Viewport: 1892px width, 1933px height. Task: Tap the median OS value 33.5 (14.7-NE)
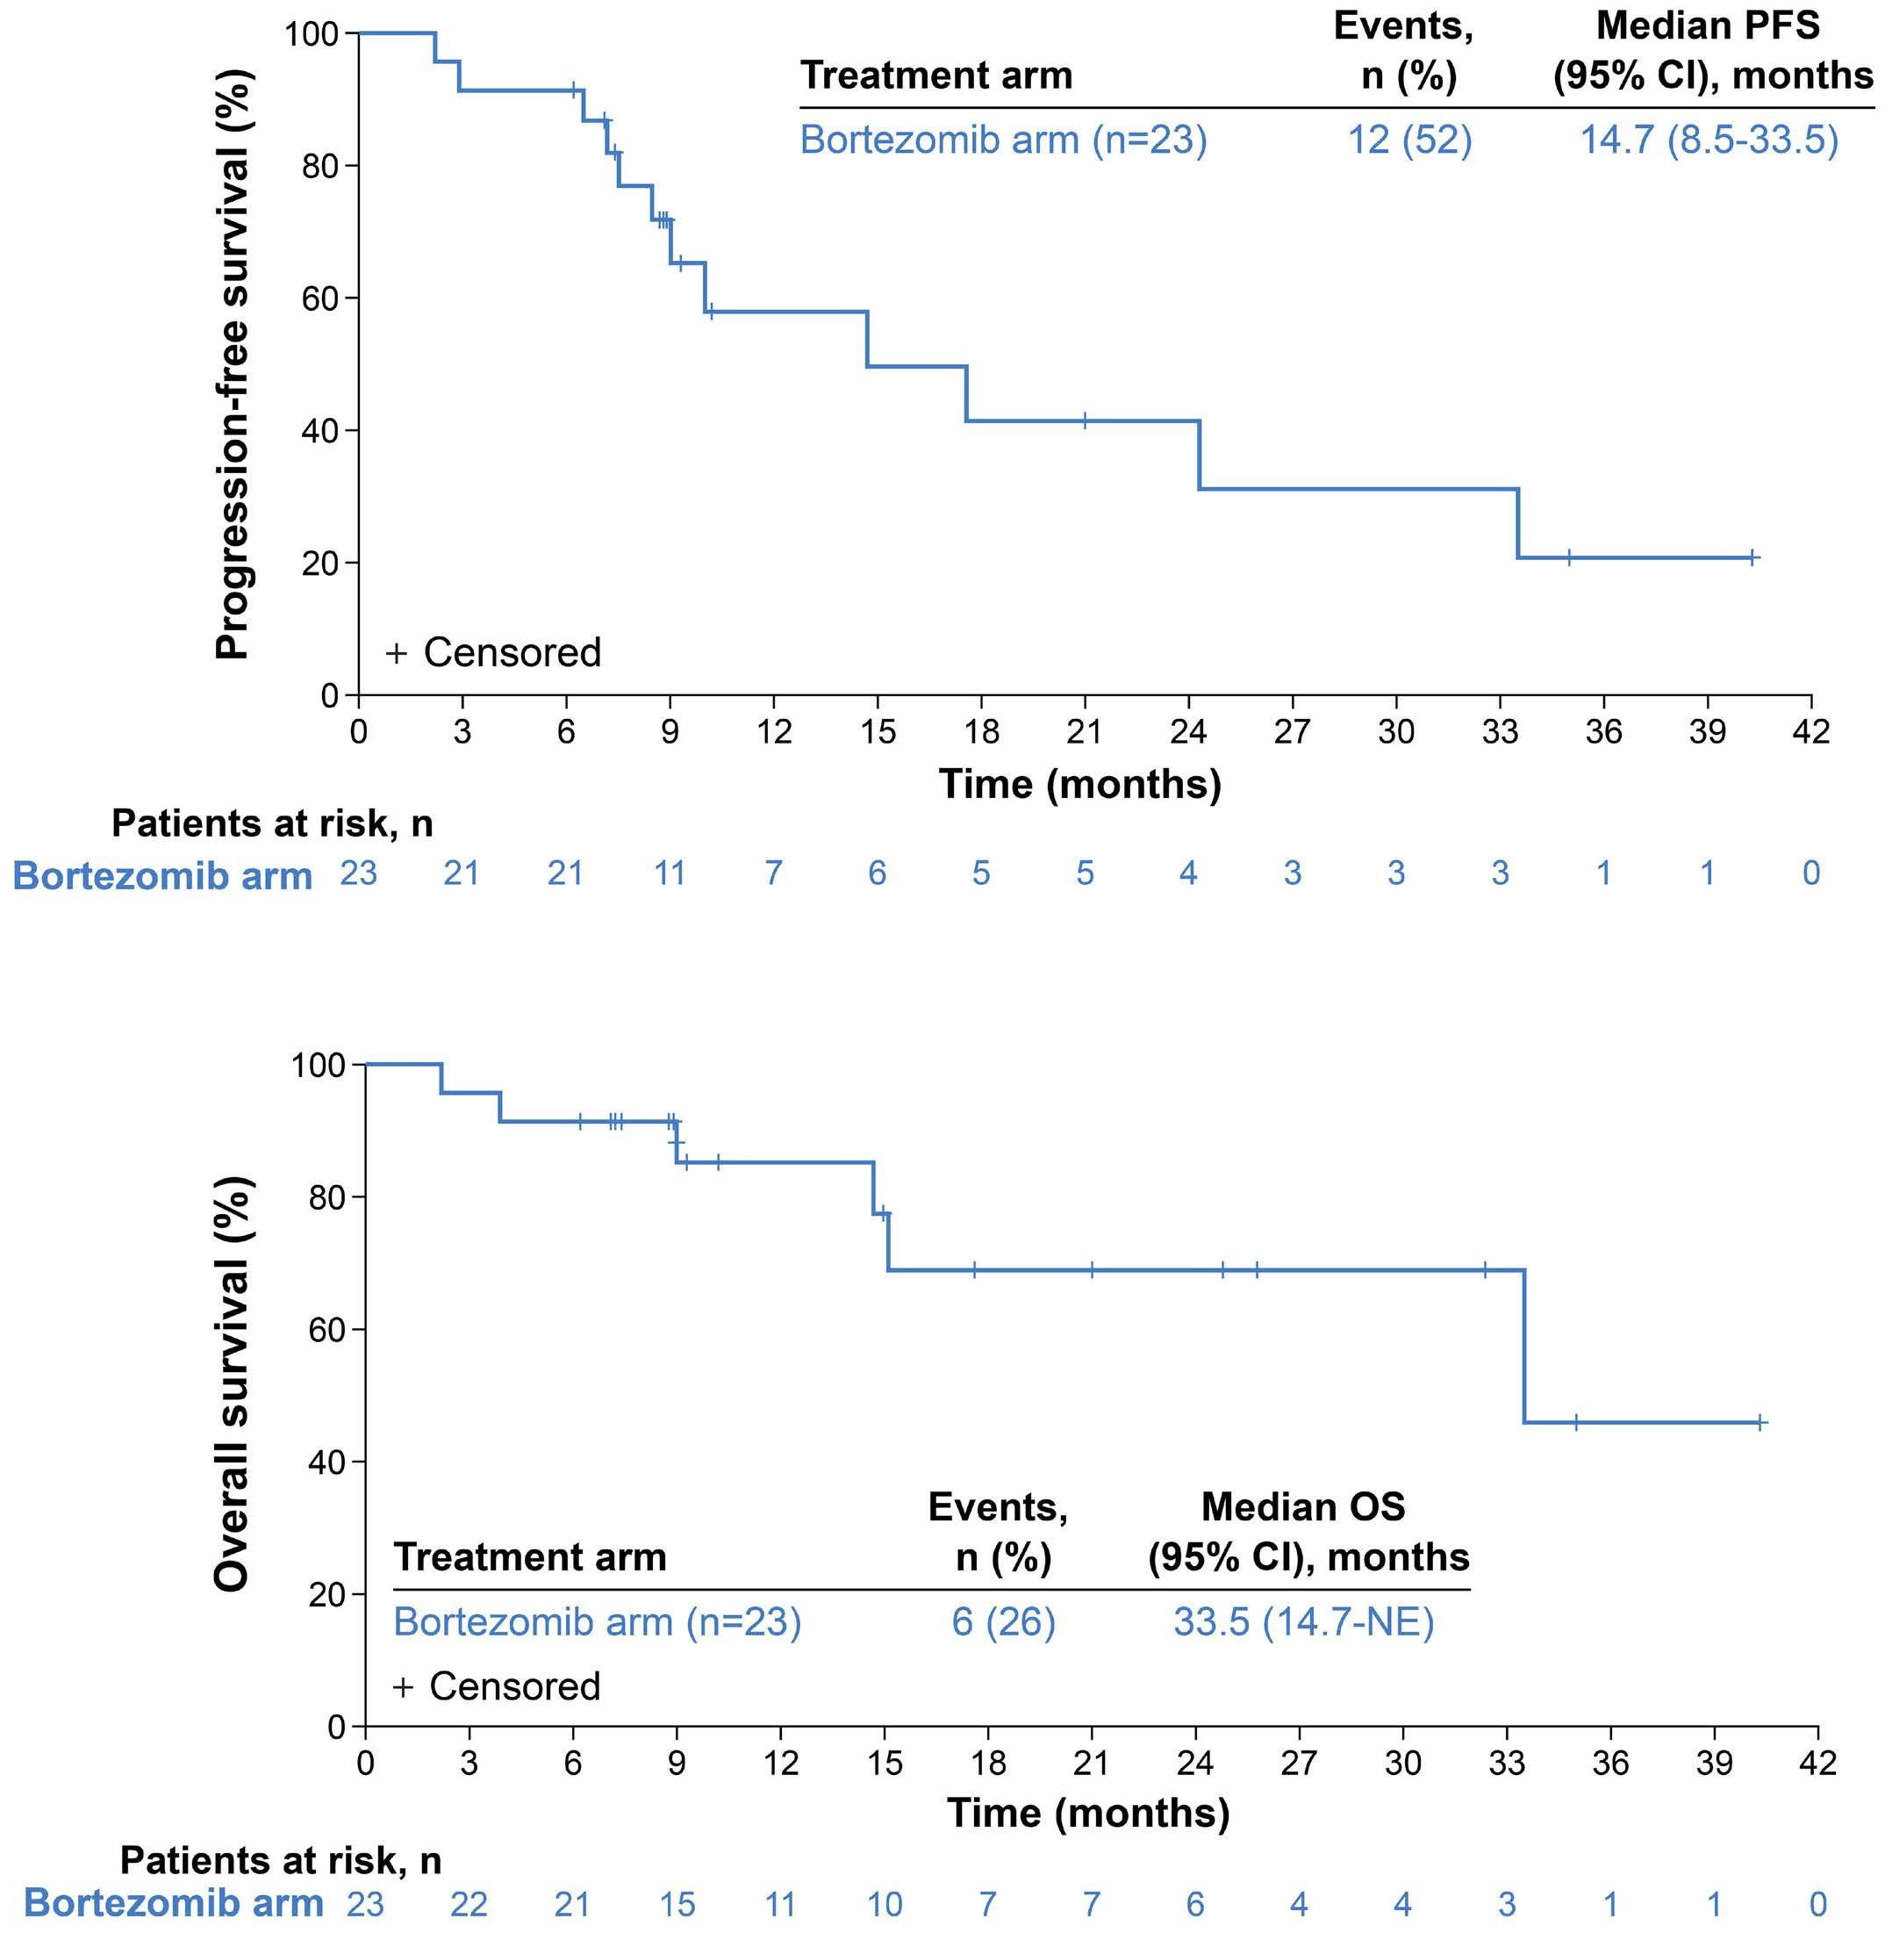(1304, 1622)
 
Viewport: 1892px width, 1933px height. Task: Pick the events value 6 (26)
(1003, 1622)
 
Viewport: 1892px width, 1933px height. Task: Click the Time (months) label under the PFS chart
(1080, 784)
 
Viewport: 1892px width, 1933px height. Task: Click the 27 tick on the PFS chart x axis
(1292, 731)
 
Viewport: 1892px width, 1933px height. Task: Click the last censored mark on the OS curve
(1759, 1422)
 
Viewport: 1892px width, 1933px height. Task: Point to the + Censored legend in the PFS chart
(493, 653)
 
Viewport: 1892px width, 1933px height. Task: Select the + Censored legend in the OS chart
(497, 1686)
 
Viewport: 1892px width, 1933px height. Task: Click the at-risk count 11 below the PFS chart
(670, 873)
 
